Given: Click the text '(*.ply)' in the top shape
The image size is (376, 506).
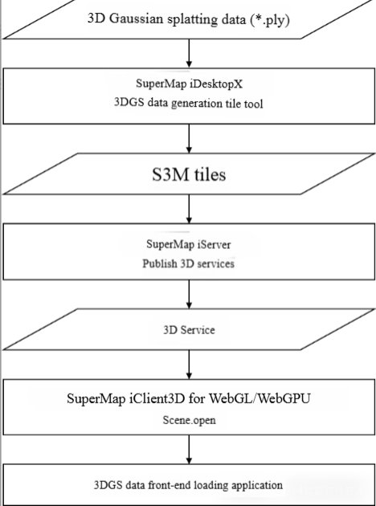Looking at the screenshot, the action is click(x=270, y=20).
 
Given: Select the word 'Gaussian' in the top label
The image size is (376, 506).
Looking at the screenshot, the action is click(x=136, y=18).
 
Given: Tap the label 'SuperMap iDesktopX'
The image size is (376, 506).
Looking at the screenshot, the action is click(x=189, y=84).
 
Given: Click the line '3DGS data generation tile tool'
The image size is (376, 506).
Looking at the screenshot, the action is click(x=189, y=104).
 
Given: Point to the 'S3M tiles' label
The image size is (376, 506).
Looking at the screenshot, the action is click(x=189, y=174).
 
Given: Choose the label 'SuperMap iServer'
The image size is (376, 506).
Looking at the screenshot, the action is click(x=189, y=244).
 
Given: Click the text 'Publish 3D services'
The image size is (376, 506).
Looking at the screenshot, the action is click(x=189, y=263).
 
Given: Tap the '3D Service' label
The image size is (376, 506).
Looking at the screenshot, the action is click(x=189, y=330).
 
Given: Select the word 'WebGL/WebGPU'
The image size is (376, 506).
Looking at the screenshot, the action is click(x=260, y=398).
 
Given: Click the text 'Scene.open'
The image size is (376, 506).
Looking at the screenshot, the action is click(x=189, y=420).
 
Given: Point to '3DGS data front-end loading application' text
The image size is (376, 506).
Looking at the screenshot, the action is click(x=188, y=485).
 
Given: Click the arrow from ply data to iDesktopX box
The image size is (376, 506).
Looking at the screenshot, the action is click(x=189, y=53).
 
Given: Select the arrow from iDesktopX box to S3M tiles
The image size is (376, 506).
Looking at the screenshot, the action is click(x=189, y=138).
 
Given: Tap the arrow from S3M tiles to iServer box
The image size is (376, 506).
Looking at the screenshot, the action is click(x=189, y=209).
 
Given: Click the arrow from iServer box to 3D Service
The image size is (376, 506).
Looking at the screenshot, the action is click(x=189, y=294).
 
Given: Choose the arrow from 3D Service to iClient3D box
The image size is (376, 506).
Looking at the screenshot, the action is click(x=189, y=365).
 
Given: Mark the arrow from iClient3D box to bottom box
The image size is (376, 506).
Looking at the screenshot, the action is click(x=189, y=450).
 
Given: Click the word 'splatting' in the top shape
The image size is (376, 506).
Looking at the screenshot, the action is click(x=188, y=20).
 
